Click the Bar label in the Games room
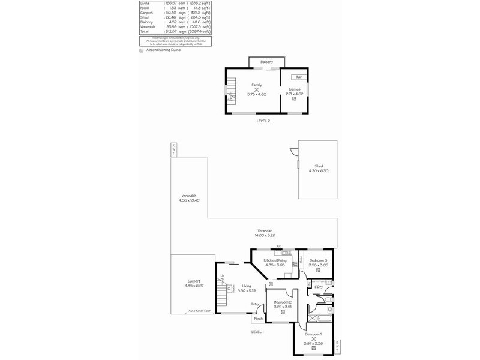pyautogui.click(x=298, y=77)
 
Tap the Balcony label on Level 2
pyautogui.click(x=267, y=62)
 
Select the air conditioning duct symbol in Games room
pyautogui.click(x=294, y=98)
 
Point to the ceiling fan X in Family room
pyautogui.click(x=256, y=89)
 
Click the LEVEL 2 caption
pyautogui.click(x=263, y=121)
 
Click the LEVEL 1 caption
pyautogui.click(x=258, y=331)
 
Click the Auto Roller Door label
pyautogui.click(x=200, y=311)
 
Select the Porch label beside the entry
pyautogui.click(x=258, y=319)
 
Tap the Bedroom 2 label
pyautogui.click(x=282, y=302)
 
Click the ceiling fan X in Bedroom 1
pyautogui.click(x=313, y=338)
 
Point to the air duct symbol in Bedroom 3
pyautogui.click(x=318, y=270)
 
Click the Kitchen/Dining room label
pyautogui.click(x=277, y=260)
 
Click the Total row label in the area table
pyautogui.click(x=144, y=32)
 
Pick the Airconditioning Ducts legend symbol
pyautogui.click(x=142, y=50)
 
